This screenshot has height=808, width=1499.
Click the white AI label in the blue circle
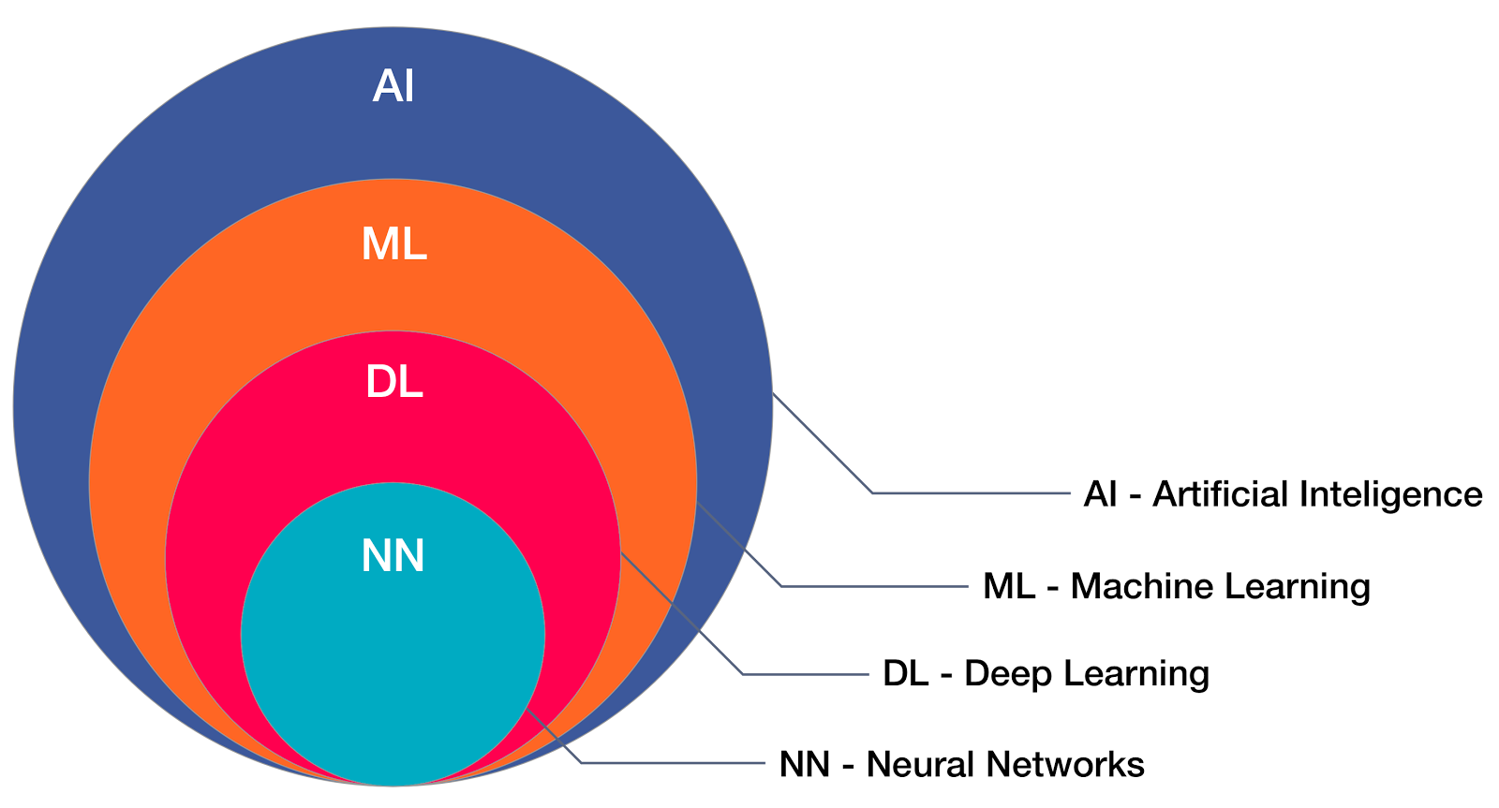[x=393, y=87]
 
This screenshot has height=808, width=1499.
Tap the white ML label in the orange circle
[x=393, y=244]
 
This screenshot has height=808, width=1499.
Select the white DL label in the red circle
[x=393, y=383]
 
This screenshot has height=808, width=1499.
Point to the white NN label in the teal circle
[x=393, y=556]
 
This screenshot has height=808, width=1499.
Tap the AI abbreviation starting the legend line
[x=1100, y=494]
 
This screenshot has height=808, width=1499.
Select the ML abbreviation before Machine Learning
[x=1008, y=587]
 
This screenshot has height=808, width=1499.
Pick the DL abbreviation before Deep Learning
[x=905, y=674]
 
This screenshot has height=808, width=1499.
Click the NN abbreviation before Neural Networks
[x=805, y=765]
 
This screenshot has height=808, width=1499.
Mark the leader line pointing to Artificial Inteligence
[x=970, y=492]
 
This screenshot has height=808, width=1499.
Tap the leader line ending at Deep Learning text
[x=806, y=674]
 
